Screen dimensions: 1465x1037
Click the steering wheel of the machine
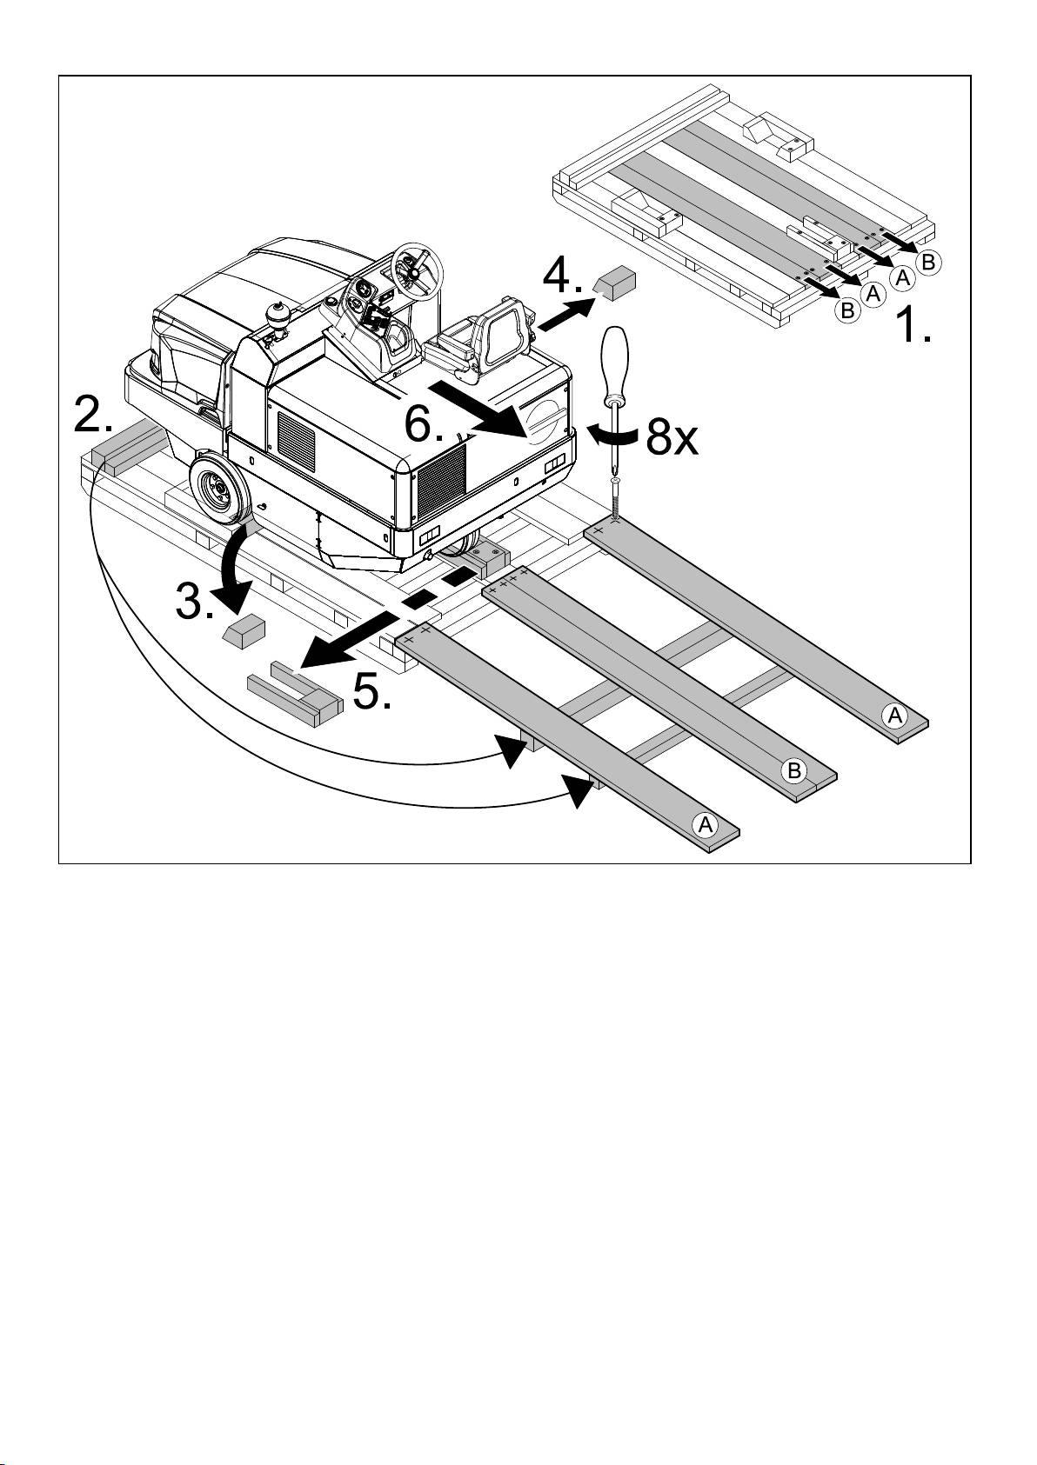pos(415,264)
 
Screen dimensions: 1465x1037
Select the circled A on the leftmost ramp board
pos(705,824)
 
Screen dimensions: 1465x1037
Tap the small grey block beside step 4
pos(616,283)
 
